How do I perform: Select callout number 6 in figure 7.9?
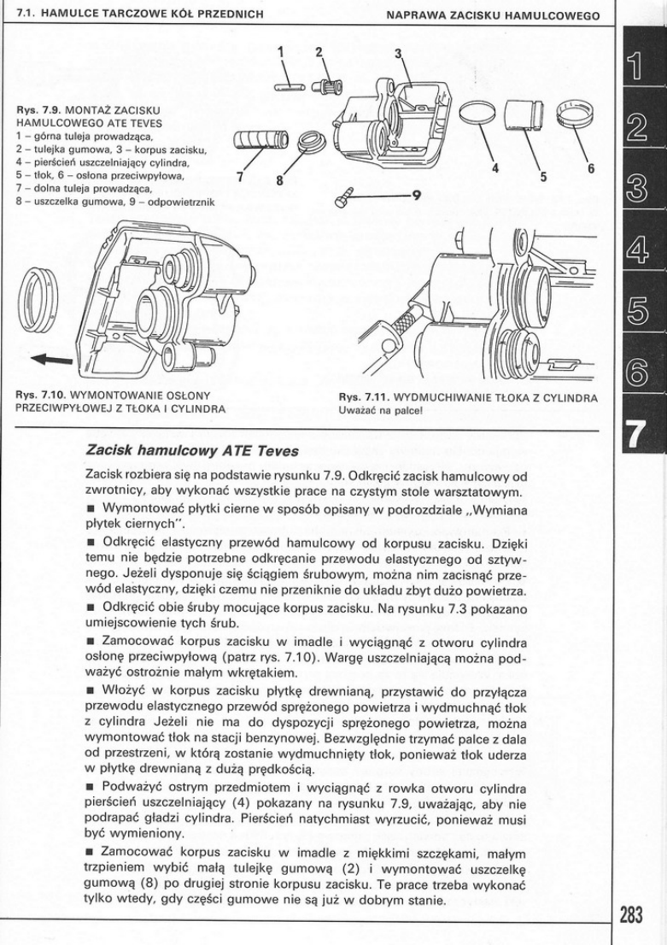[x=590, y=167]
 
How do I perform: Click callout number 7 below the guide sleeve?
[x=240, y=177]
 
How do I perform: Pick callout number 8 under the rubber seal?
[x=278, y=179]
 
